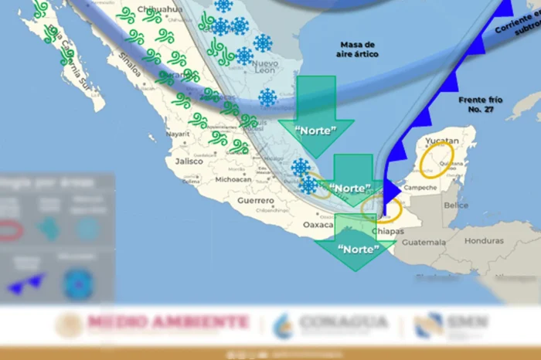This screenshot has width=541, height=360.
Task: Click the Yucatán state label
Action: coord(443,141)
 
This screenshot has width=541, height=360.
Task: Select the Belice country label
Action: coord(456,205)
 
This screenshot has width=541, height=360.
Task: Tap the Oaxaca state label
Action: coord(317,225)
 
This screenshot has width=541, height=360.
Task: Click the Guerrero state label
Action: coord(257,199)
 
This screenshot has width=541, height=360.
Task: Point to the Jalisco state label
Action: coord(189,161)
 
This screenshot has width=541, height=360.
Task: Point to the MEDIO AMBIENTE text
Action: coord(168,322)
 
